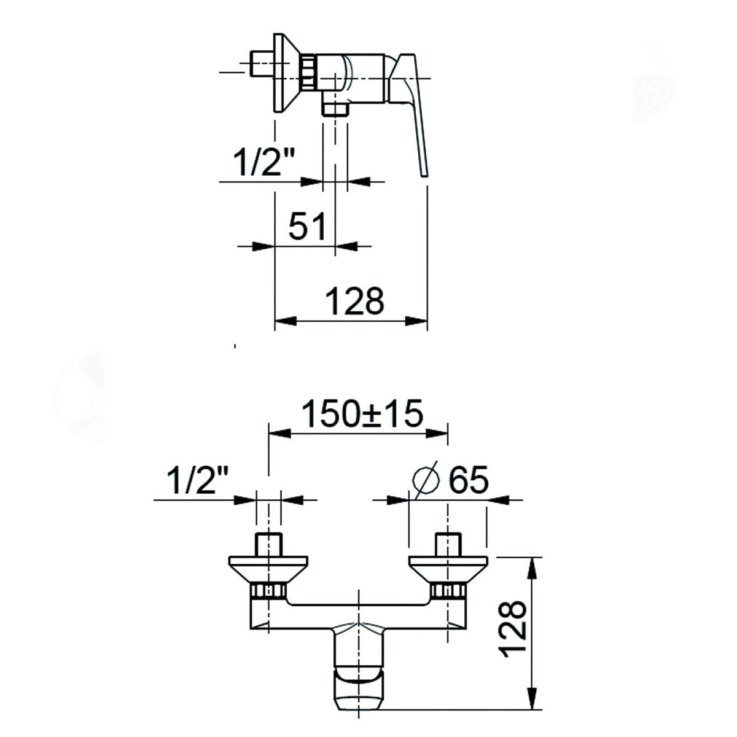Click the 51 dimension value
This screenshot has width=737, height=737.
(x=306, y=226)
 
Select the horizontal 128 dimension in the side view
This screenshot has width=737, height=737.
(x=356, y=301)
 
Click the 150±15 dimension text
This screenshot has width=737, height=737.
(x=362, y=413)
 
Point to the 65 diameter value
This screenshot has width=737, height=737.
(x=469, y=480)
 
